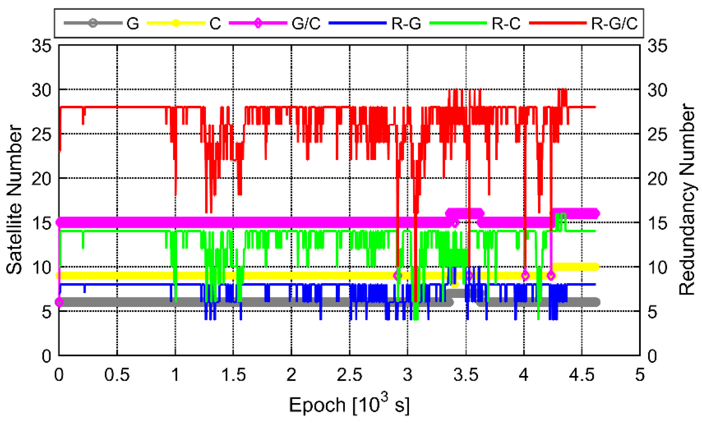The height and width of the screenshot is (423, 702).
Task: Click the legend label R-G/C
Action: point(614,23)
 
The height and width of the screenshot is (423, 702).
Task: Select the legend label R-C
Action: point(506,23)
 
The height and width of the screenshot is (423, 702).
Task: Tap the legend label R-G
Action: point(406,23)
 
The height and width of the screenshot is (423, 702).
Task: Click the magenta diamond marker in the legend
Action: point(258,23)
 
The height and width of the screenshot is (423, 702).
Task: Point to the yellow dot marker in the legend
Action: point(176,23)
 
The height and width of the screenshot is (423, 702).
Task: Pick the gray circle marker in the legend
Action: point(93,23)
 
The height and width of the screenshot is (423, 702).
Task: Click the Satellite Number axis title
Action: point(14,199)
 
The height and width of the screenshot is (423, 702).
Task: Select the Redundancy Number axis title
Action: point(687,199)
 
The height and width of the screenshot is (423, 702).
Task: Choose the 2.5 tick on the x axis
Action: point(349,375)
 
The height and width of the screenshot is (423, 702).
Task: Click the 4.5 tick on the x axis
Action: point(582,375)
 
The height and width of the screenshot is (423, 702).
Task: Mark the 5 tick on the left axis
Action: point(46,312)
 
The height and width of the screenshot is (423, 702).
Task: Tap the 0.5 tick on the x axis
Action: point(117,375)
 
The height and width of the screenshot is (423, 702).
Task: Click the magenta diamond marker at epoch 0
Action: point(59,302)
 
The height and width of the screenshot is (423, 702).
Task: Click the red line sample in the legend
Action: point(558,23)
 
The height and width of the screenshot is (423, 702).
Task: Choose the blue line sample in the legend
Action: point(357,23)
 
